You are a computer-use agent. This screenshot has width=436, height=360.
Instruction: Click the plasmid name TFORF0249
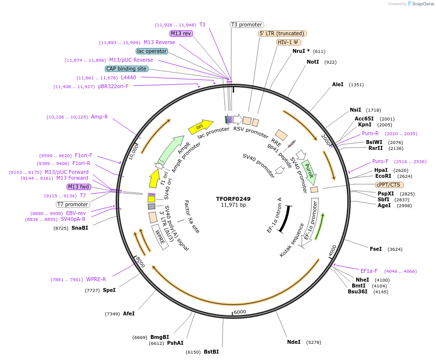point(233,199)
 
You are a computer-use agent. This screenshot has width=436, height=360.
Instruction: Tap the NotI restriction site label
point(313,62)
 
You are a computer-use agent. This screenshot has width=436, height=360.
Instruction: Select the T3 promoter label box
point(247,24)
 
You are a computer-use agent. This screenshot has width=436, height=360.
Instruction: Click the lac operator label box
point(152,51)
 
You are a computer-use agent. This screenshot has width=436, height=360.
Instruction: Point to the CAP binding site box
point(126,69)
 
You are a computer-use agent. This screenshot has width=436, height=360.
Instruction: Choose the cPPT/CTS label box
point(388,185)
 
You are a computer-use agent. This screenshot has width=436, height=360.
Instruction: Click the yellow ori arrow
point(200,127)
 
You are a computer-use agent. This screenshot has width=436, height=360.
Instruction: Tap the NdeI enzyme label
point(293,342)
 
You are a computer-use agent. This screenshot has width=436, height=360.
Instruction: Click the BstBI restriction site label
point(211,352)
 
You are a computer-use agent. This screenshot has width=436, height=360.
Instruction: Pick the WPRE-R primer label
point(96,279)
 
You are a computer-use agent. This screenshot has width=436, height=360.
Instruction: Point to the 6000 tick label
point(240,312)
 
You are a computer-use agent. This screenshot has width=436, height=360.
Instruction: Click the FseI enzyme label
point(376,249)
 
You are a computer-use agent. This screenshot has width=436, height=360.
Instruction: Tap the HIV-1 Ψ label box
point(289,42)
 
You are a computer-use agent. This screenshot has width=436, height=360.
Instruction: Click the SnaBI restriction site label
point(80,228)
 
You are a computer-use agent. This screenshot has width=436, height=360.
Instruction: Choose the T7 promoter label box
point(73,204)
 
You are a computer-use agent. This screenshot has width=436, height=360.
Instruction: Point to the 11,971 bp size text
point(233,205)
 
